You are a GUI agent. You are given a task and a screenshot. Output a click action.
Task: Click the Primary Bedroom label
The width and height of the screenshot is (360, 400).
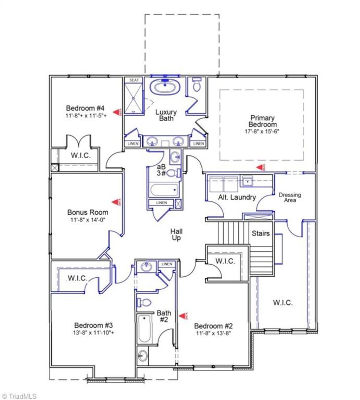click(262, 121)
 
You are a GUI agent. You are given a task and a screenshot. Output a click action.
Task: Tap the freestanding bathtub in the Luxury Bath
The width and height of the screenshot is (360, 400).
click(165, 87)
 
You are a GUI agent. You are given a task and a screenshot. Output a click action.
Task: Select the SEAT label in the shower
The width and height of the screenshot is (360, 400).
click(134, 80)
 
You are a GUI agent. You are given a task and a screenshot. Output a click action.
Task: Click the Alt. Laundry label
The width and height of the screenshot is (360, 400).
click(237, 197)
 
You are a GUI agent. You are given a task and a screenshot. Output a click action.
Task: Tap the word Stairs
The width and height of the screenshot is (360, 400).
click(261, 233)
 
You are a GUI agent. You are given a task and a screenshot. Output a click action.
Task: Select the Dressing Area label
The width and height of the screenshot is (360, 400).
click(290, 198)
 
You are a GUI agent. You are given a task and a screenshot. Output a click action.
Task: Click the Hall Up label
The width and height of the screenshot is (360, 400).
click(176, 234)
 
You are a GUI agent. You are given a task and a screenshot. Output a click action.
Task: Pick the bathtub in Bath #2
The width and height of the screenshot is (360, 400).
click(144, 329)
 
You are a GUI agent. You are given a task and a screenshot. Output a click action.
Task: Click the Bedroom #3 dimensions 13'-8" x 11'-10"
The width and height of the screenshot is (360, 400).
click(93, 332)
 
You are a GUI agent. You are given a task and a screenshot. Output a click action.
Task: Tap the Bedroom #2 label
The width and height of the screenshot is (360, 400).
click(213, 326)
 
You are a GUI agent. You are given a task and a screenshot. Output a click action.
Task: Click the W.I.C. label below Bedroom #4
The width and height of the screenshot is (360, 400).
click(81, 156)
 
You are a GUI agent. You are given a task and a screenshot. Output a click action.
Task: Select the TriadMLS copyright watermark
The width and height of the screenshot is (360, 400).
click(19, 396)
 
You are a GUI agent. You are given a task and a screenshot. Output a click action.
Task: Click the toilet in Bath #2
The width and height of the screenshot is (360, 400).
click(144, 302)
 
